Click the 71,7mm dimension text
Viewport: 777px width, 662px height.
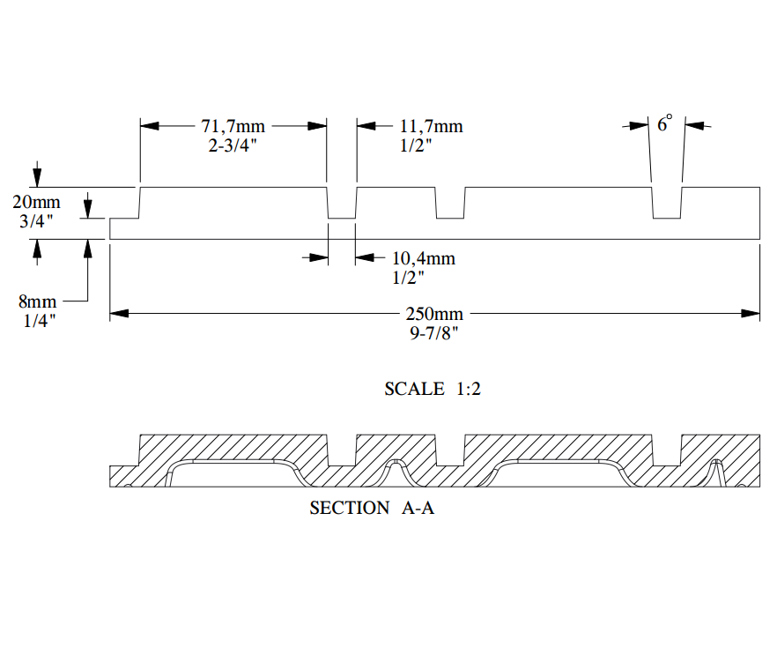(x=233, y=126)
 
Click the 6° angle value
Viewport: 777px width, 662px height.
(x=664, y=123)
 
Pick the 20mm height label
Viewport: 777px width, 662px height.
(x=36, y=204)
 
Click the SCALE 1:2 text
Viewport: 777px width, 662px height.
(x=433, y=389)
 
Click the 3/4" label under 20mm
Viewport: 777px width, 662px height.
(x=36, y=222)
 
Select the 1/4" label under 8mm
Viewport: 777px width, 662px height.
(x=40, y=321)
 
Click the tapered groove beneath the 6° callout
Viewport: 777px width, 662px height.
(x=666, y=204)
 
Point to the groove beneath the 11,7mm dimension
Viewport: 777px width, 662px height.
(x=342, y=204)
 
